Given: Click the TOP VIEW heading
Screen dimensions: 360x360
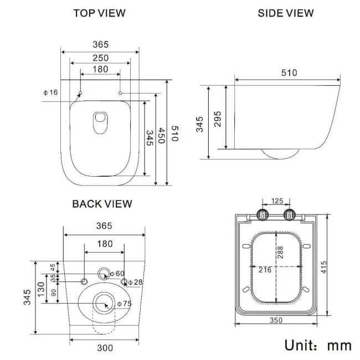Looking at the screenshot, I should coord(100,13).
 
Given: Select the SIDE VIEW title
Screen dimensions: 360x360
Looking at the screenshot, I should coord(286,13).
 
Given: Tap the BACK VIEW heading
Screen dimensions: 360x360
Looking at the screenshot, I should coord(102,204).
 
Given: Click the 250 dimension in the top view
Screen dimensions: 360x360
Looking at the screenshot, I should coord(100,58).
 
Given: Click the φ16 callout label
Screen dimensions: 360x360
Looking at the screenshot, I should coord(50,92).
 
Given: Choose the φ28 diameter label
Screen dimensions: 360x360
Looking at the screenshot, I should coord(136,282).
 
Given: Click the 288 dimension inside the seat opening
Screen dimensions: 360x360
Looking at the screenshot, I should coord(280,254).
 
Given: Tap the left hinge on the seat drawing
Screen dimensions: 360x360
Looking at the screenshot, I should coord(262,214).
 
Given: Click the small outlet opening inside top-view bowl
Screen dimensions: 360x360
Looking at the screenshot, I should coord(100,120).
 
